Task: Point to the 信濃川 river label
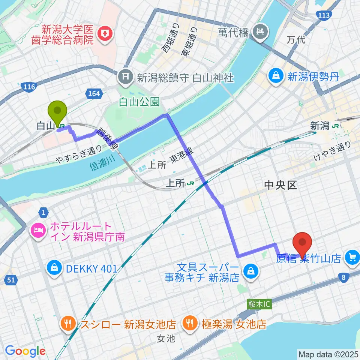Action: point(102,165)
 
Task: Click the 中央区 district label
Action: point(280,184)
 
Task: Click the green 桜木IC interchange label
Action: point(256,304)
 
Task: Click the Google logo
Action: point(25,351)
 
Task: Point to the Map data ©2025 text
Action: point(328,354)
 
